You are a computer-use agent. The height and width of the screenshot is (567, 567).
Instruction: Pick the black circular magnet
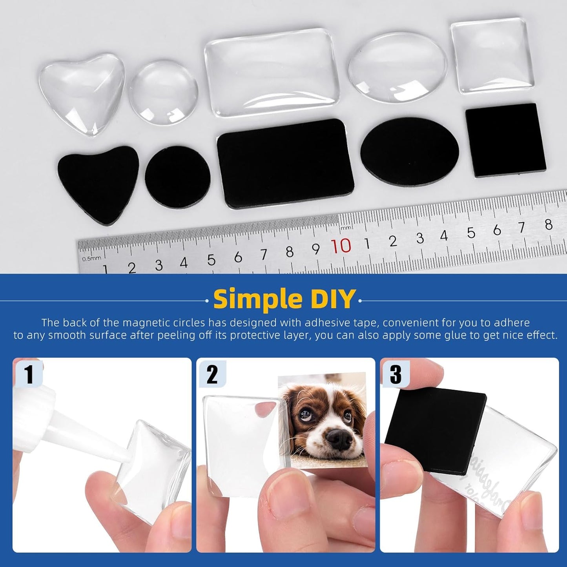tap(177, 176)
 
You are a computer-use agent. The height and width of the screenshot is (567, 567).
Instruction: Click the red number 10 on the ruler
tap(341, 246)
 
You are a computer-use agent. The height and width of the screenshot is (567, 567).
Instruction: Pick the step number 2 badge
tap(212, 374)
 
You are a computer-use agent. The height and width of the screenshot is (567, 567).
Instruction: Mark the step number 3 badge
tap(396, 374)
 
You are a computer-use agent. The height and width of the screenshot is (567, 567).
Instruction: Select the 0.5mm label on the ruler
tap(91, 258)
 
